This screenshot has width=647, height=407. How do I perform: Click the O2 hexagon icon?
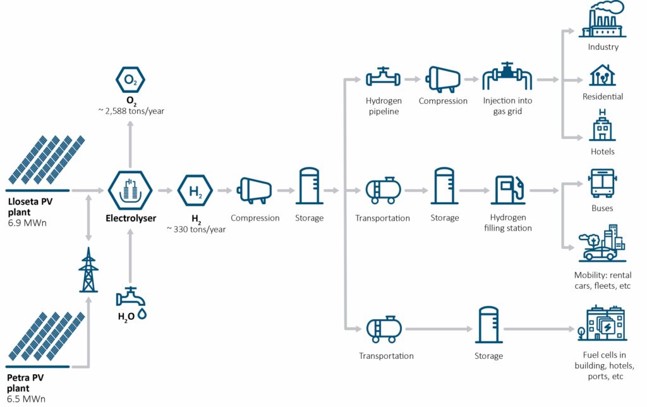click(130, 79)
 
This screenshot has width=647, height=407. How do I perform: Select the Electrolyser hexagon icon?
click(130, 190)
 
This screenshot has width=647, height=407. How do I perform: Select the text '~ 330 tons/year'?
click(196, 229)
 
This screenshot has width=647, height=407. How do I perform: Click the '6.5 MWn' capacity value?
click(27, 399)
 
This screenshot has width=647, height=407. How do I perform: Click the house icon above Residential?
click(602, 75)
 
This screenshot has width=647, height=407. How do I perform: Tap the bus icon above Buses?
click(602, 183)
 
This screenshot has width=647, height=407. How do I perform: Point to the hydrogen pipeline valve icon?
click(383, 78)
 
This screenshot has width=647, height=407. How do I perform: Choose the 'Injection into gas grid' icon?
click(507, 78)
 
